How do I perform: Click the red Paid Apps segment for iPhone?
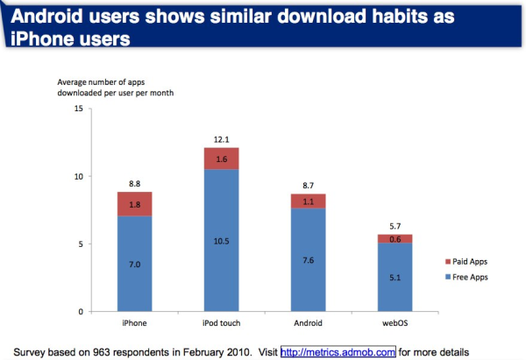click(x=134, y=204)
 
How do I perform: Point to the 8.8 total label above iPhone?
click(x=134, y=184)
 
